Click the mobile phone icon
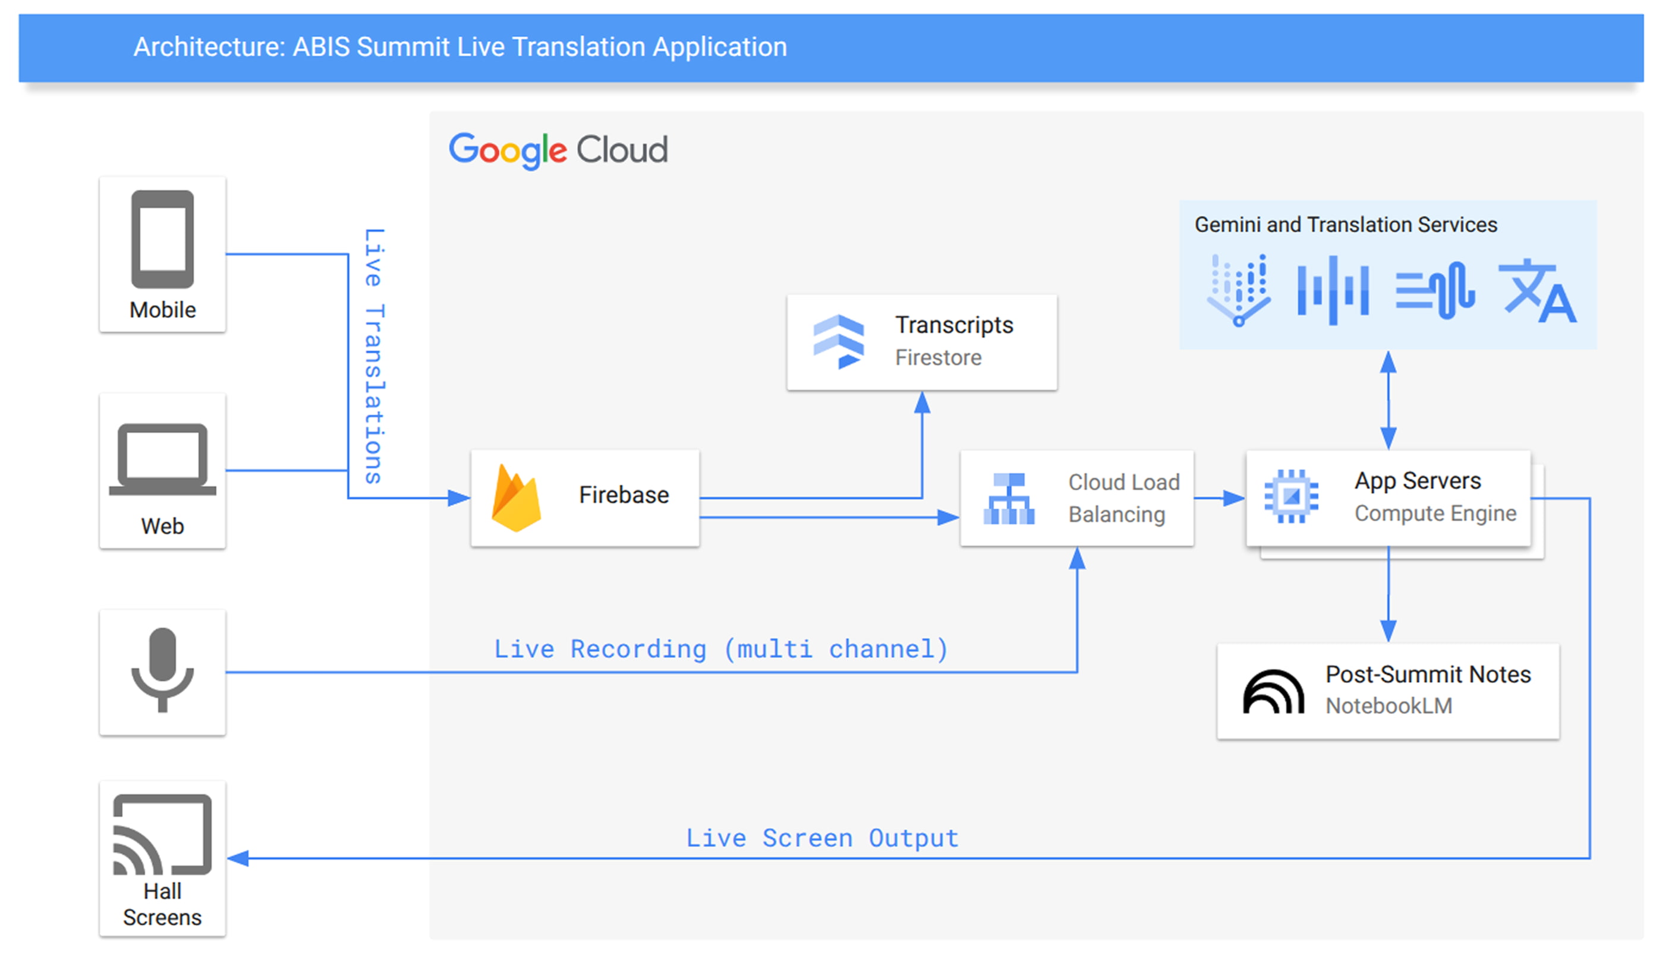162,239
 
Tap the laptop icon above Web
162,459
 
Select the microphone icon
162,669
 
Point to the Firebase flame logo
516,499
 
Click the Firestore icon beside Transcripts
839,342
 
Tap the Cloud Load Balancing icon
1009,499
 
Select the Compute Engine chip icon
1291,496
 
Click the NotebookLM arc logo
1273,691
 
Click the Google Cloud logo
558,150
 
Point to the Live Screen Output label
822,838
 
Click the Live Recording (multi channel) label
720,649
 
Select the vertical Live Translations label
374,355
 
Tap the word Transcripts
954,325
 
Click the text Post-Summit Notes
1428,674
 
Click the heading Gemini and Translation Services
1345,225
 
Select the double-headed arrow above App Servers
1388,400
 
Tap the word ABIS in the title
321,47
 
